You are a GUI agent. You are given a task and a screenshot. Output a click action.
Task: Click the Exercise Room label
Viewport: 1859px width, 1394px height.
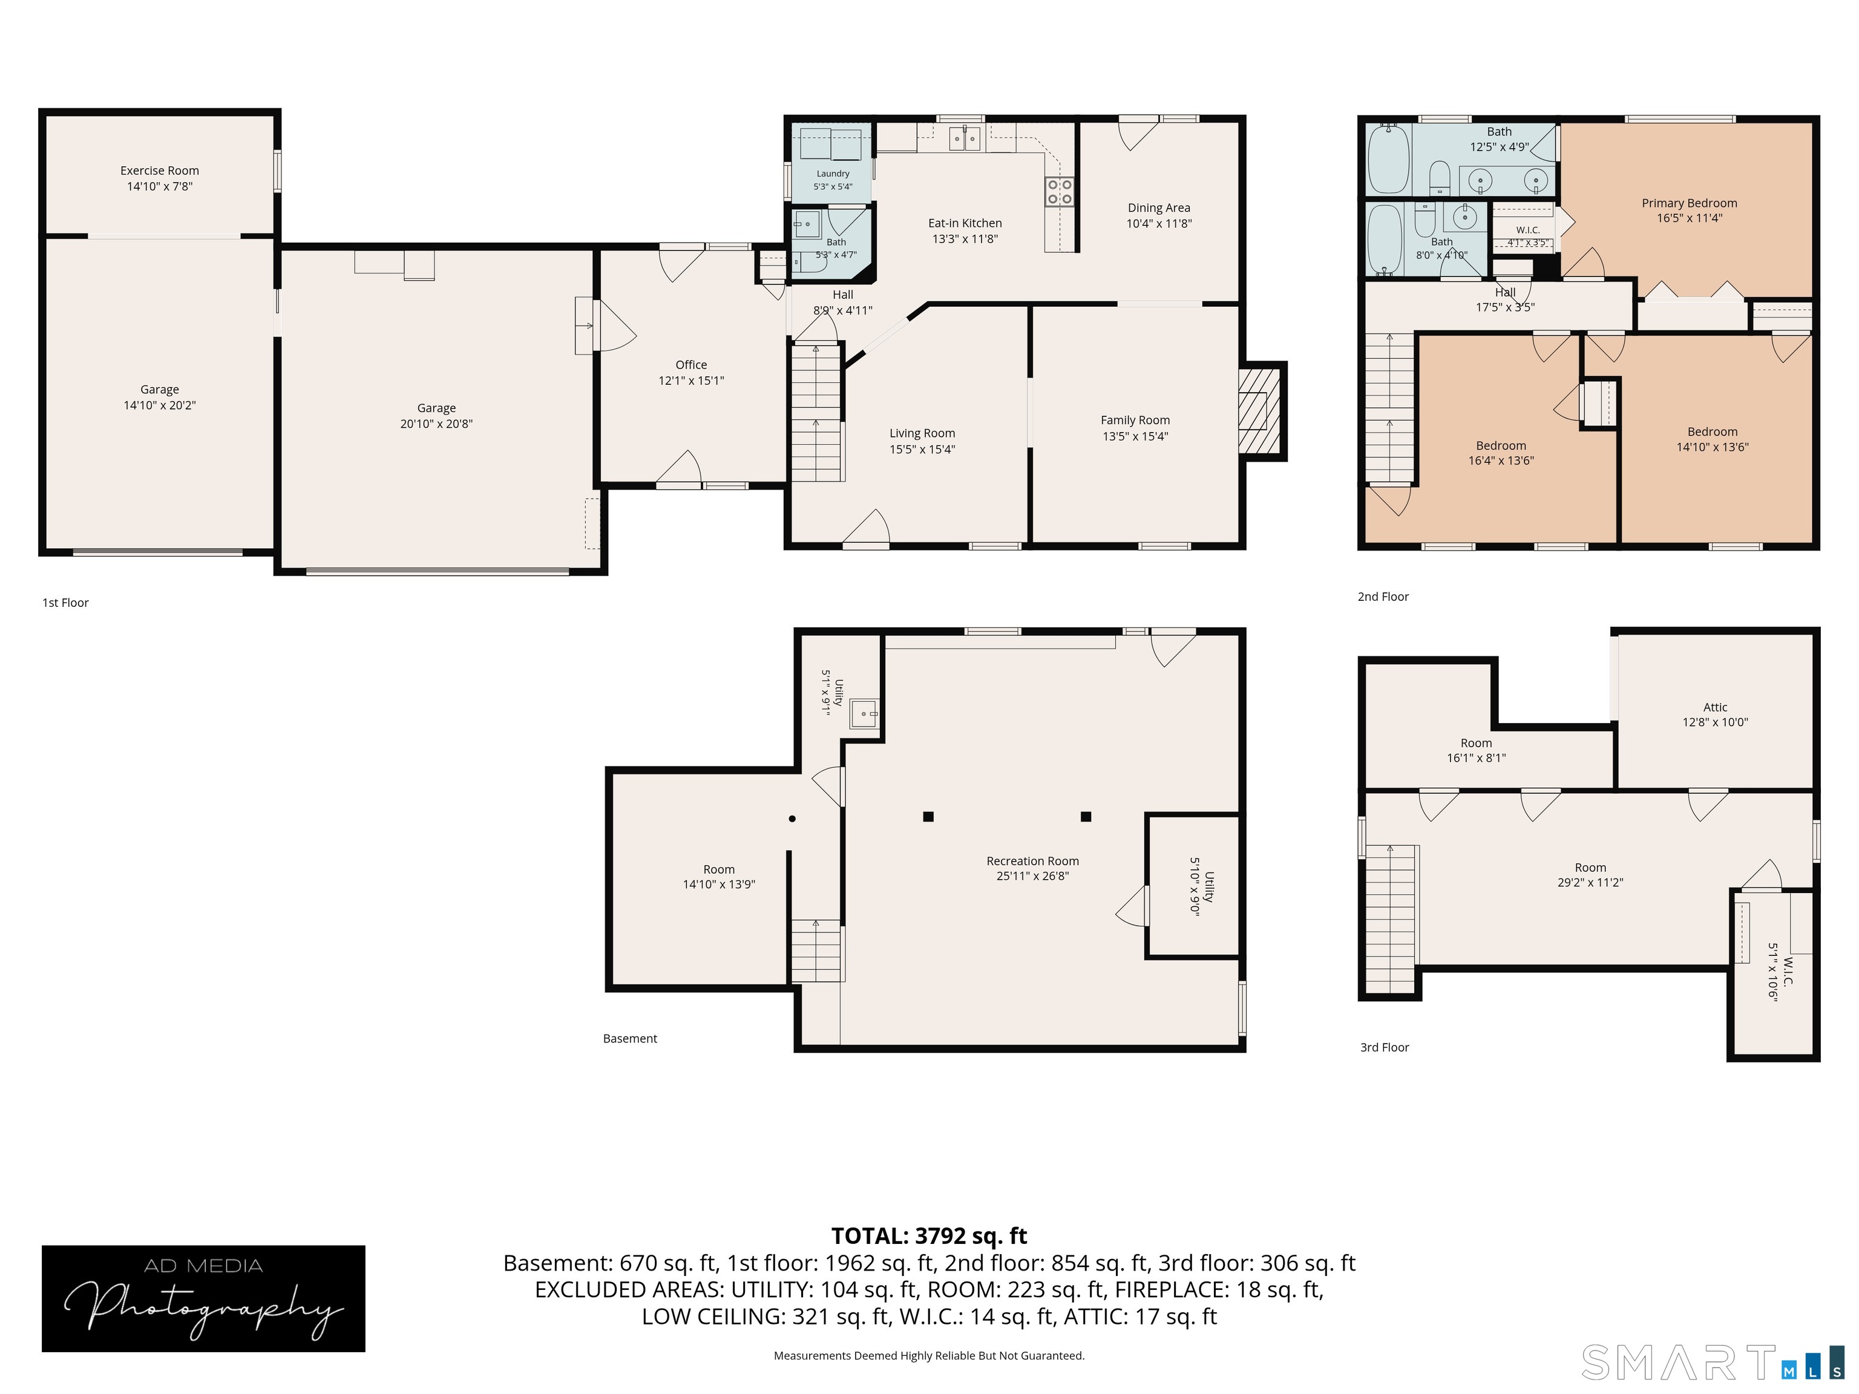[160, 171]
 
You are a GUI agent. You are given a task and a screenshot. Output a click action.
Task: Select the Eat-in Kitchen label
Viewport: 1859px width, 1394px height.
[965, 223]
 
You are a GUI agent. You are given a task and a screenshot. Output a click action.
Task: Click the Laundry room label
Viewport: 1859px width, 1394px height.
[833, 174]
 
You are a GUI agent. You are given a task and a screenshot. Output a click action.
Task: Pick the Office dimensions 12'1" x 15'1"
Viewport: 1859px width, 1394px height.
[691, 381]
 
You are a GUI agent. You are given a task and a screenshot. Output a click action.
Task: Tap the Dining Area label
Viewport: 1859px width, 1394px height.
[1159, 208]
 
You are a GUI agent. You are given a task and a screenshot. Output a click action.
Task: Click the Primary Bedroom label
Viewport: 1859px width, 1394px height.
[1689, 203]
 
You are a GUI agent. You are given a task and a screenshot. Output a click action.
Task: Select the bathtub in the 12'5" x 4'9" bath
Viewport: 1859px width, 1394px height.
[1388, 158]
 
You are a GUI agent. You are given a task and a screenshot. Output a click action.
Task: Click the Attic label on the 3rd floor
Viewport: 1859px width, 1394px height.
[1716, 707]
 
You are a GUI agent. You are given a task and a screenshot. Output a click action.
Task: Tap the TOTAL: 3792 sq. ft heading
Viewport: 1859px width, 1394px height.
[929, 1236]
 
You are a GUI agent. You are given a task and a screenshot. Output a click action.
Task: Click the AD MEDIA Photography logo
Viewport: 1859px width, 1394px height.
[203, 1298]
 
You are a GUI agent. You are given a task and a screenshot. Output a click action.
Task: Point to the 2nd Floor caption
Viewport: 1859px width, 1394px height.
[1383, 597]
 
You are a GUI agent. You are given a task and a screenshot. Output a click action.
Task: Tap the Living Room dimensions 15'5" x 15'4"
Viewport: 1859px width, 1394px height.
[923, 450]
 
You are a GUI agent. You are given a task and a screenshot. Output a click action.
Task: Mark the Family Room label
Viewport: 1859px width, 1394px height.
[1135, 420]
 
